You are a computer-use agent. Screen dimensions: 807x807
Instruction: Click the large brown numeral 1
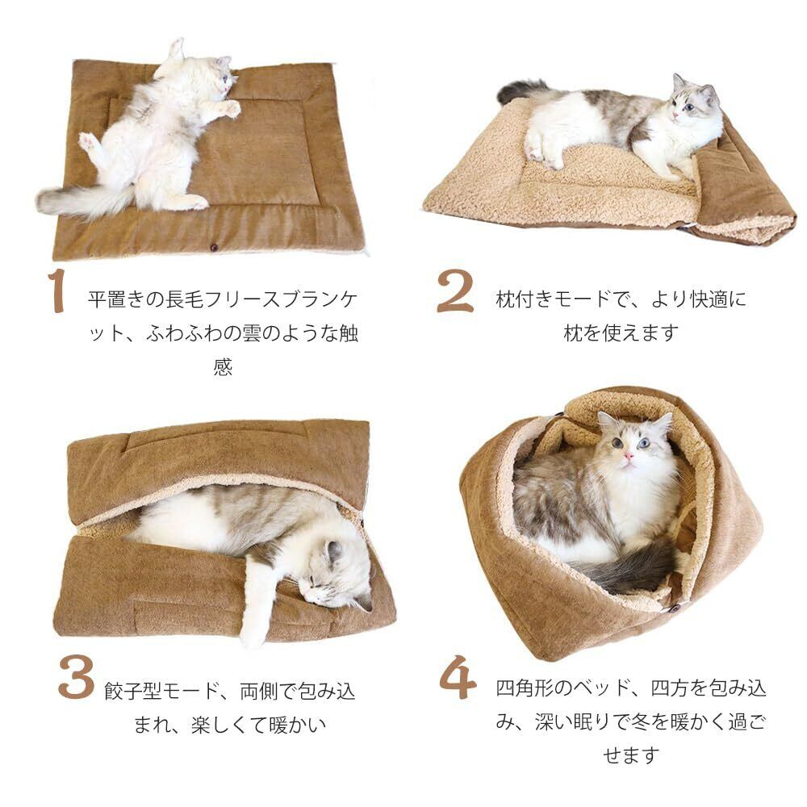(x=57, y=290)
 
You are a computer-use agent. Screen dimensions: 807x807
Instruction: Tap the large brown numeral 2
(x=455, y=291)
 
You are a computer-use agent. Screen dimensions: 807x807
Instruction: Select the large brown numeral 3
(x=76, y=676)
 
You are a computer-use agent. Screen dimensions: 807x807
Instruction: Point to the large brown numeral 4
(x=458, y=677)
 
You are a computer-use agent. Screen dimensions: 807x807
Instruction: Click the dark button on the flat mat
(x=213, y=248)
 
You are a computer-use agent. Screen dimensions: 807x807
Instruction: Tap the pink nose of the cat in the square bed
(x=629, y=456)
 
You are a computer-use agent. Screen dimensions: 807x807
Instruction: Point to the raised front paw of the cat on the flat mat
(x=230, y=108)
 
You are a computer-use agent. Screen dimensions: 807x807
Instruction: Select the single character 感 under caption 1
(x=223, y=367)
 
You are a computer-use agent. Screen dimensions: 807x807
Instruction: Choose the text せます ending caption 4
(x=632, y=755)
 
